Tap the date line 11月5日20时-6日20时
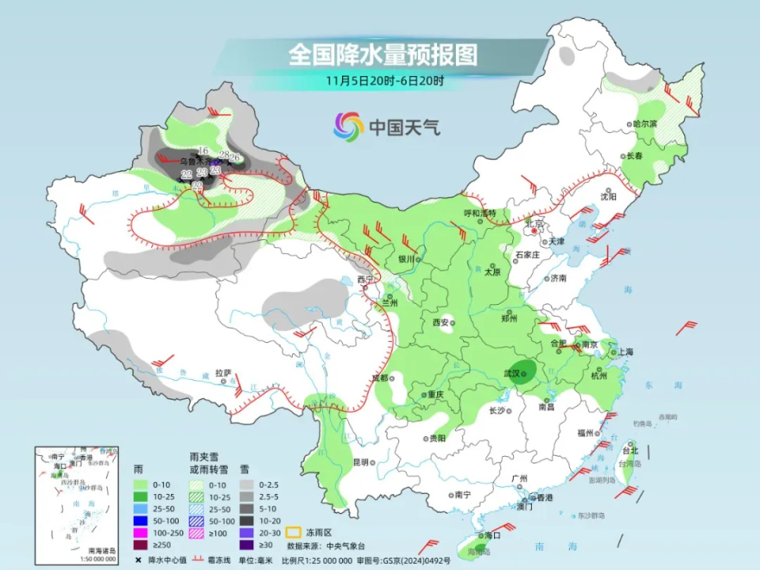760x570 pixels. [384, 80]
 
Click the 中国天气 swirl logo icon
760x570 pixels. [348, 126]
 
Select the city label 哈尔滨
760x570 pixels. [645, 124]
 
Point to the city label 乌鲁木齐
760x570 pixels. [192, 161]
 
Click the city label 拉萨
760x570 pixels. [223, 372]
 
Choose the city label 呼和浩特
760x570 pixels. [479, 213]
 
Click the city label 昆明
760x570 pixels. [361, 462]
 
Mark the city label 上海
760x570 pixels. [624, 351]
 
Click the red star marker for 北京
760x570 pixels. [534, 233]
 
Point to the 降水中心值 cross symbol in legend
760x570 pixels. [139, 560]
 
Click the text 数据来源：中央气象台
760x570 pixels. [326, 545]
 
